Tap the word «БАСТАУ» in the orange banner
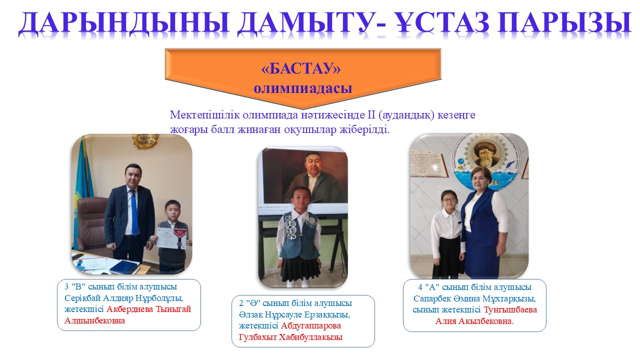[301, 68]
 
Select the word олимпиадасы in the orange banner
[303, 88]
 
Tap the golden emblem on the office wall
[145, 140]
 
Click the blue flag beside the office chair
[81, 194]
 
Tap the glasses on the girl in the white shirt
[449, 200]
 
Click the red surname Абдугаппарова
[311, 325]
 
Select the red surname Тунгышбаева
[510, 309]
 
